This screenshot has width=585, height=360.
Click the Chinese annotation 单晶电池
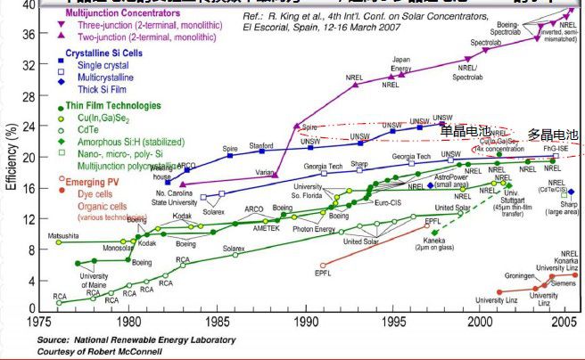465,131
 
